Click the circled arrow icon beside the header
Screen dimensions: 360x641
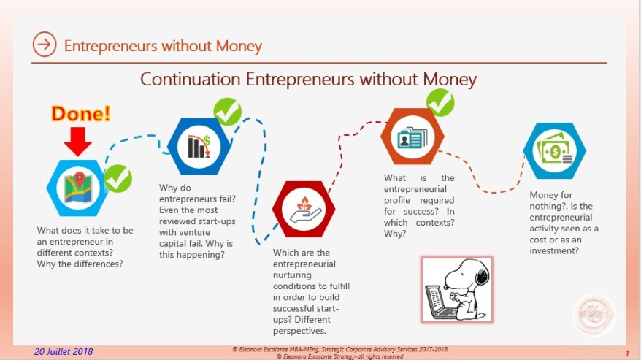[x=45, y=45]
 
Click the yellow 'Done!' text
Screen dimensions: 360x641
[x=81, y=114]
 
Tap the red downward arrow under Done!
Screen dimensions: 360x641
[x=77, y=140]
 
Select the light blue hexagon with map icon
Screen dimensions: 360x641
[x=77, y=187]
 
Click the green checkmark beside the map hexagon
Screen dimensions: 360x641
[x=118, y=178]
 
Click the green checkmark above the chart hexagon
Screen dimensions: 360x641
[x=227, y=112]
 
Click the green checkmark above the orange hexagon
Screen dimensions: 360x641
[x=440, y=102]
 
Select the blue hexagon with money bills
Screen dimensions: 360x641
[x=555, y=150]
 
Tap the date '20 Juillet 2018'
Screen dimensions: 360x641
[x=63, y=351]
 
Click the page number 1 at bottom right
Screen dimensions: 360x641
[x=627, y=352]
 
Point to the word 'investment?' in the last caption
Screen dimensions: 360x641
[x=555, y=250]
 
